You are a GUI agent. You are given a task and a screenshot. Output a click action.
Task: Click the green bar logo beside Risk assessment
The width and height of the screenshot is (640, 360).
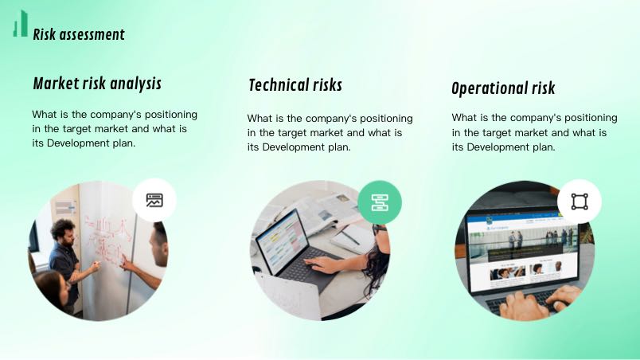(21, 24)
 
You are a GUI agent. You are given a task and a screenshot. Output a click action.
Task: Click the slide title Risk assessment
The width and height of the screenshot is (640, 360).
(79, 35)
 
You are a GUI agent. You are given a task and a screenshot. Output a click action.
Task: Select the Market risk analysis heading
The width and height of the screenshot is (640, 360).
(97, 84)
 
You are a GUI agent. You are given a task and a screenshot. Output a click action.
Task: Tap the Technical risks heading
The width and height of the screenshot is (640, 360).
(295, 85)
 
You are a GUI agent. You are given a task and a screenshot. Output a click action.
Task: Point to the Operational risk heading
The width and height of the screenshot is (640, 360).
(503, 88)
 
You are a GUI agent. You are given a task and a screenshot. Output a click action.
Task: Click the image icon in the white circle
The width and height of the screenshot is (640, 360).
(154, 200)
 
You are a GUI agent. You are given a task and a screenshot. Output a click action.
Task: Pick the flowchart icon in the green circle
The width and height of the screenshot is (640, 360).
(380, 202)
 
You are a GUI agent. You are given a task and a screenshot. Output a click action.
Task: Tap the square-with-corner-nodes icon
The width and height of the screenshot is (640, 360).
(580, 202)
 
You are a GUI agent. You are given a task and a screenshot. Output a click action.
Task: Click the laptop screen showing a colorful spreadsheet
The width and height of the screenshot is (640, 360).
(283, 241)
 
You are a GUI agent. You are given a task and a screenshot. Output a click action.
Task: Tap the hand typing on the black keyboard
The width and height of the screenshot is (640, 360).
(322, 264)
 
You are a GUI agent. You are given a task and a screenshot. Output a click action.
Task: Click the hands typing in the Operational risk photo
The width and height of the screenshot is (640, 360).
(540, 303)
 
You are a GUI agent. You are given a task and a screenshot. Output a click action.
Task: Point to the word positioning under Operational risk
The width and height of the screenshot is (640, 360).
(591, 119)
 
